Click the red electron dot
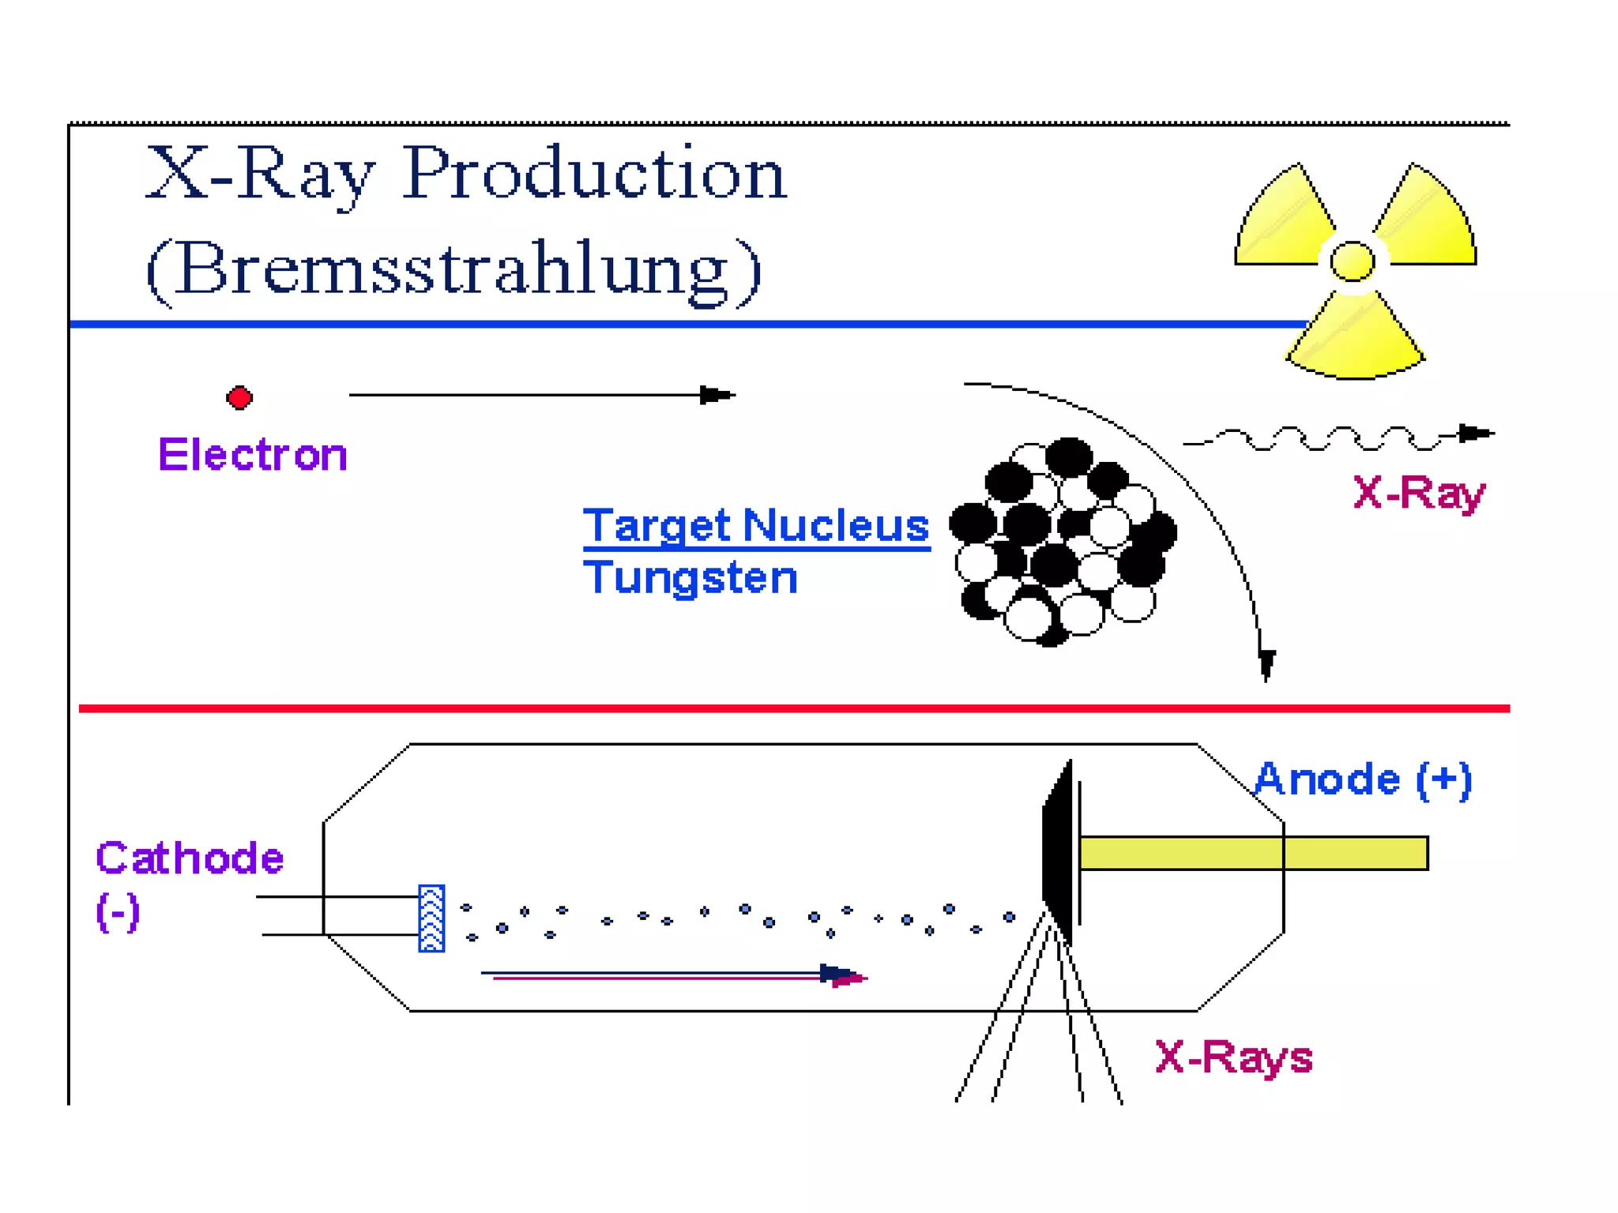239,397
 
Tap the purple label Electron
253,455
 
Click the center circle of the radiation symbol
1352,261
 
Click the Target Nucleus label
756,525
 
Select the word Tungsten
690,577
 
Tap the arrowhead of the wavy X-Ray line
1475,434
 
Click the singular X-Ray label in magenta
1419,494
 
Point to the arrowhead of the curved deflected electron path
1266,663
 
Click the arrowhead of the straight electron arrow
716,395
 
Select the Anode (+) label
1363,780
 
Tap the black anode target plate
1059,853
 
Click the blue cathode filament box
431,918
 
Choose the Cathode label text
190,858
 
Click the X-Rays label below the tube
1233,1057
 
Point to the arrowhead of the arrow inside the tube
841,976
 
